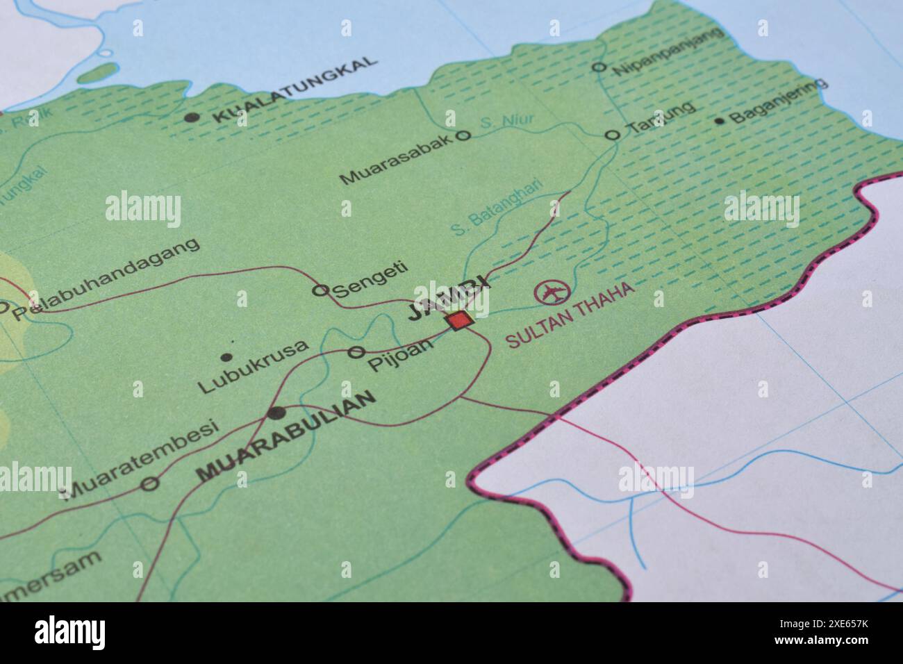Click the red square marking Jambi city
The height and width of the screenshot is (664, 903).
459,320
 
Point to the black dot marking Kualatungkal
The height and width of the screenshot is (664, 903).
192,117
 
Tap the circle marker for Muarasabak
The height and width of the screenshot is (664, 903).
463,136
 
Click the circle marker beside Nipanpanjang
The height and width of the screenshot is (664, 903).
598,67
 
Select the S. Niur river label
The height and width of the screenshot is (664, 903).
506,122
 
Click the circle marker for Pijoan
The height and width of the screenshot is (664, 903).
356,352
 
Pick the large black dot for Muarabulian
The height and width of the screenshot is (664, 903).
276,413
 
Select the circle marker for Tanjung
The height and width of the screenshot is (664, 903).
612,135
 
